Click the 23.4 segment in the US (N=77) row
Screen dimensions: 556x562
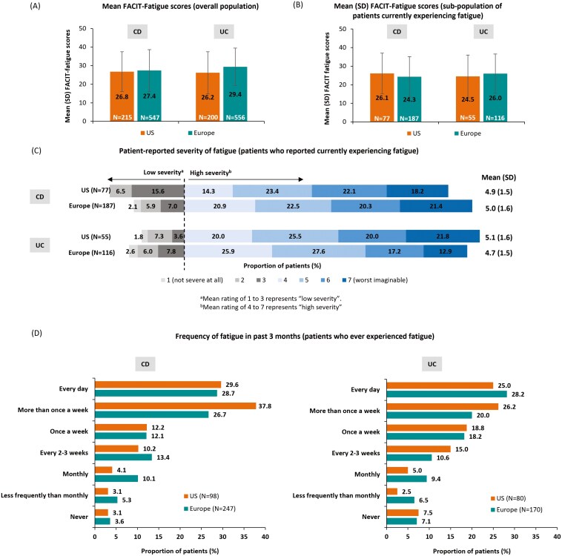click(x=272, y=191)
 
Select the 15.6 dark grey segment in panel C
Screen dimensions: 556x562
click(x=158, y=191)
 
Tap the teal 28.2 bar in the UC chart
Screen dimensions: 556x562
click(x=446, y=394)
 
